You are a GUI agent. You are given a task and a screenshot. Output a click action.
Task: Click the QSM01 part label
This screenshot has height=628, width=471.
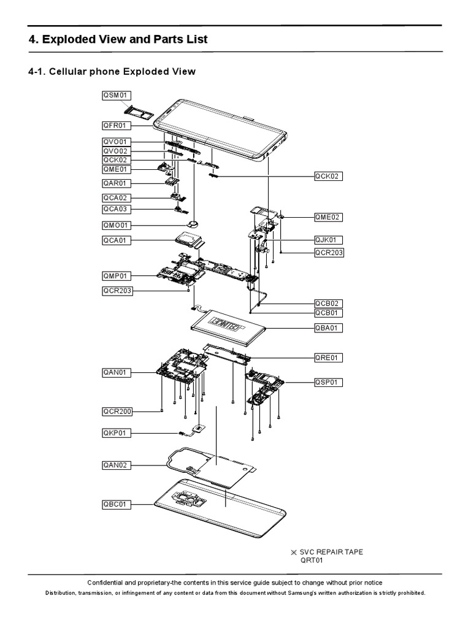click(117, 95)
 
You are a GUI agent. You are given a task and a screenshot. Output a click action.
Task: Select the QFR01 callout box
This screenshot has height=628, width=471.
click(117, 126)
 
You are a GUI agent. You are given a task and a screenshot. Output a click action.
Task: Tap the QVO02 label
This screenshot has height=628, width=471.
click(117, 151)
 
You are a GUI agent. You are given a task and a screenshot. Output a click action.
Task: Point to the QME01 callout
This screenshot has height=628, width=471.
click(117, 170)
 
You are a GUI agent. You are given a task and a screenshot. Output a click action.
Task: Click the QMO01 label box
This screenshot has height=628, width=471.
click(117, 225)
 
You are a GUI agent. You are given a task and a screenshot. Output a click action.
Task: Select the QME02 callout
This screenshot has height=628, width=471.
click(328, 217)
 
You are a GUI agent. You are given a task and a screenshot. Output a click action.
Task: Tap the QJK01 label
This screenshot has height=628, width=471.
click(328, 240)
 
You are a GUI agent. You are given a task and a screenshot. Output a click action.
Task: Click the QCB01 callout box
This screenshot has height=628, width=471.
click(328, 313)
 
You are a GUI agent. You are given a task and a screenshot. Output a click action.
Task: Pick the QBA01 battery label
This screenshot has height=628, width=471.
click(328, 328)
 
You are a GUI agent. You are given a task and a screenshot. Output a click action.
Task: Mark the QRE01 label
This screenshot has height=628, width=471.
click(328, 358)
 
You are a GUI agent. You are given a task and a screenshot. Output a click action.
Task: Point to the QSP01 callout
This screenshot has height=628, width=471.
click(328, 383)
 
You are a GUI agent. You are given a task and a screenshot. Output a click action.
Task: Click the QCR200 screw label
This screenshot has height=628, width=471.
click(117, 411)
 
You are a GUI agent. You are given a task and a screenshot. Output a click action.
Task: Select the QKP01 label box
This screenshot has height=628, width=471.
click(117, 434)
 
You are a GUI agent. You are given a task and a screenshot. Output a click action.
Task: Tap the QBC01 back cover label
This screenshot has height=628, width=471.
click(117, 505)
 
